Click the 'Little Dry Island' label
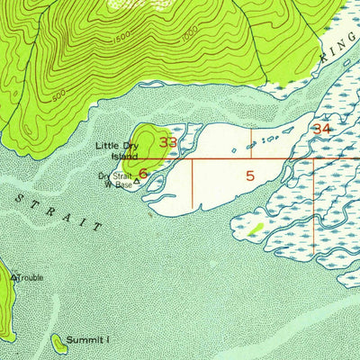pos(117,150)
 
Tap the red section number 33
pos(168,142)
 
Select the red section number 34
pos(321,130)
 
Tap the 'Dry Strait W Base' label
pos(115,180)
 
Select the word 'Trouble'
pos(30,277)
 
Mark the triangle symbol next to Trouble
pos(13,277)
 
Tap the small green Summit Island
pos(58,340)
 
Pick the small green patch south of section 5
pos(256,229)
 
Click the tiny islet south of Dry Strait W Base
pos(149,214)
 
